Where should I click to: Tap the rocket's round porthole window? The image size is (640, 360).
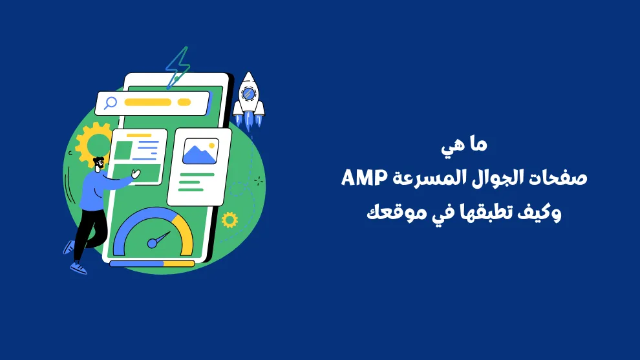[x=248, y=94]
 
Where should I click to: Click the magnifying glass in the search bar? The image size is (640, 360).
[x=110, y=103]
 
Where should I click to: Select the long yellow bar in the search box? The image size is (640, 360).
[x=148, y=102]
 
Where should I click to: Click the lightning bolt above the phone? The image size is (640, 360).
[x=178, y=68]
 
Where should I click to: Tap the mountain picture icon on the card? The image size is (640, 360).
[x=200, y=151]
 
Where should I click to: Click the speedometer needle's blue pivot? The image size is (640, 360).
[x=152, y=244]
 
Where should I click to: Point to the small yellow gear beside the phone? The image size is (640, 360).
[x=229, y=220]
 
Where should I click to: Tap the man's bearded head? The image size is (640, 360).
[x=99, y=164]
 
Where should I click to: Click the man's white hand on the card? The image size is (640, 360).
[x=136, y=174]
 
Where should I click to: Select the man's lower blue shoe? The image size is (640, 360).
[x=78, y=268]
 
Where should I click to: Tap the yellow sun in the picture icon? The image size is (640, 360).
[x=211, y=145]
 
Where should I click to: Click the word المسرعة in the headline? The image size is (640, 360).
[x=429, y=178]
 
